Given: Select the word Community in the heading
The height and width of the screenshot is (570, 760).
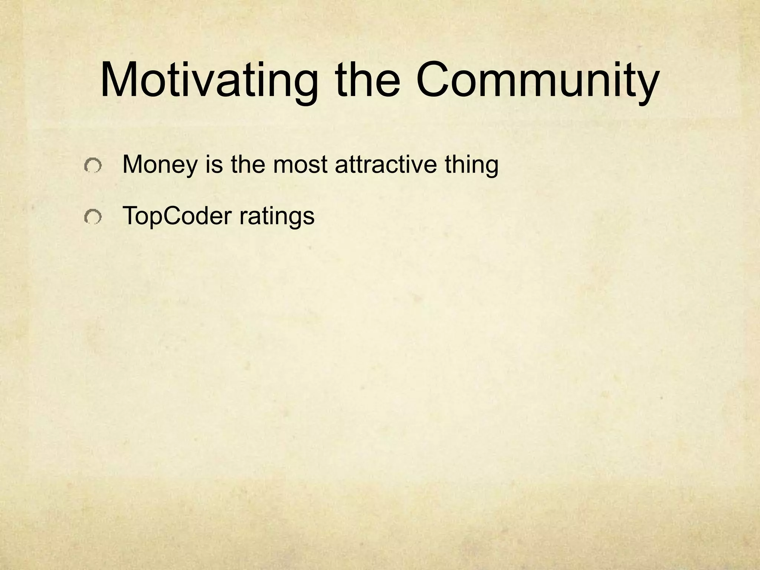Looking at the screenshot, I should tap(537, 81).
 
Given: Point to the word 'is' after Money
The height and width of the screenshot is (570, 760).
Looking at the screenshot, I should tap(214, 164).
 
